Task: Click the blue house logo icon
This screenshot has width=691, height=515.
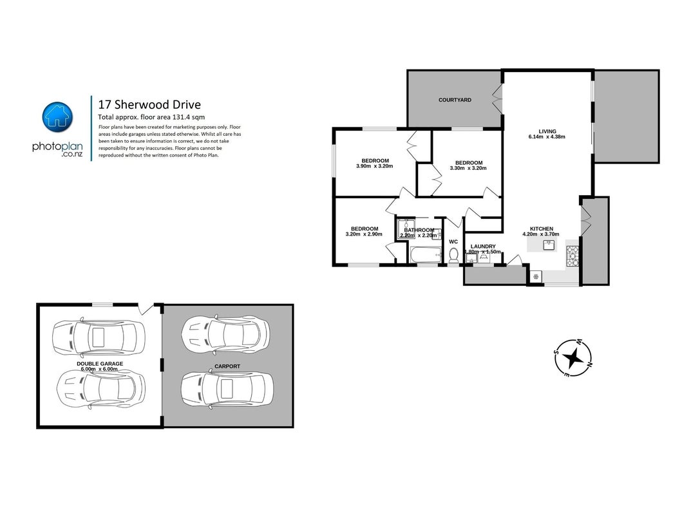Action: pos(58,117)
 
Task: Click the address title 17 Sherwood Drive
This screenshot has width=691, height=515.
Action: pos(149,105)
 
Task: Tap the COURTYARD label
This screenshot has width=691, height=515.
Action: pos(455,100)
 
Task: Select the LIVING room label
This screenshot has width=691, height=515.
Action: pos(547,131)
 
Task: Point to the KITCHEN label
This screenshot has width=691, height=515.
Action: pos(542,229)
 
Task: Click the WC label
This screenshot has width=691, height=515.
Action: pos(453,242)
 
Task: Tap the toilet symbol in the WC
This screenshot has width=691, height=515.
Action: pos(453,256)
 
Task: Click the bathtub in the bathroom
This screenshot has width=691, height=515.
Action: pos(425,255)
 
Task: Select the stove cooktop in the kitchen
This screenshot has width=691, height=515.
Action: pos(573,256)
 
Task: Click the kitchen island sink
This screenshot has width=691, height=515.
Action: pos(549,246)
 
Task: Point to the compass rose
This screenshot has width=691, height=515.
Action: pos(573,358)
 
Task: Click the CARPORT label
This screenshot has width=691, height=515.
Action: pos(227,366)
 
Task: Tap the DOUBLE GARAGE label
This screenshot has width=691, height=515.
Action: pos(100,364)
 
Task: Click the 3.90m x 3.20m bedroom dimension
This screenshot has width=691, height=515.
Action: pos(375,166)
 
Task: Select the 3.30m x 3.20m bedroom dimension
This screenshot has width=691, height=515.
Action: pos(468,168)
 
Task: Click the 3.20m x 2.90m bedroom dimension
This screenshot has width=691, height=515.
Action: pos(364,234)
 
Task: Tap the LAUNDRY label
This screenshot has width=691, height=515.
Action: pos(483,247)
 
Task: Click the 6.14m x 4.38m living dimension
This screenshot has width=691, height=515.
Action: pos(547,136)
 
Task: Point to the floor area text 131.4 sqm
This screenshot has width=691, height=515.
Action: pos(187,117)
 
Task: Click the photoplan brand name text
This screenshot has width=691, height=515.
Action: pos(57,147)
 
